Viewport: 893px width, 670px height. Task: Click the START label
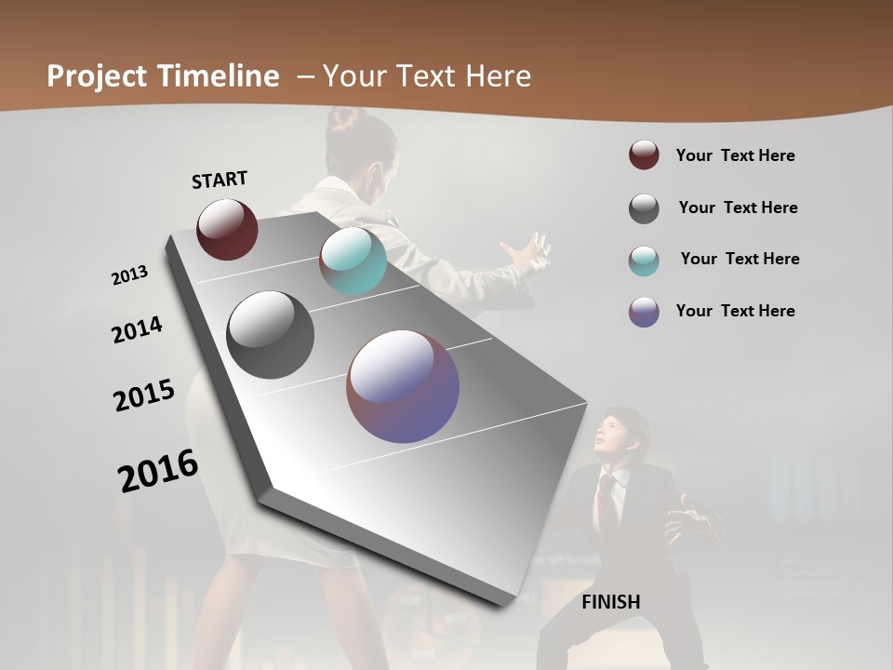[220, 180]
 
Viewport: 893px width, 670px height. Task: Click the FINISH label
[611, 602]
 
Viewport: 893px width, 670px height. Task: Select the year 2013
[129, 275]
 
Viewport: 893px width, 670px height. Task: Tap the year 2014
[137, 329]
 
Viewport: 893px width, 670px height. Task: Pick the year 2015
[144, 395]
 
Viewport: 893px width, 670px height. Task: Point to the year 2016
[158, 471]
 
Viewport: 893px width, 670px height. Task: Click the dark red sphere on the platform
[227, 229]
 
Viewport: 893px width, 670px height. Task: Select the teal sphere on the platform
[353, 261]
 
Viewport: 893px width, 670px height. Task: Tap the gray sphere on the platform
[271, 334]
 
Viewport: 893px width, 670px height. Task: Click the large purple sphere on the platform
[403, 386]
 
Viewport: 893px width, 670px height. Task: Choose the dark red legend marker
[644, 155]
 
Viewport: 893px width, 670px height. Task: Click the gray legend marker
[644, 208]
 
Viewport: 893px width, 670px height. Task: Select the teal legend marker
[644, 260]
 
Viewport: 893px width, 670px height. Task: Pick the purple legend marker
[644, 312]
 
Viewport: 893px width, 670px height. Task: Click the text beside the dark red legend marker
[735, 155]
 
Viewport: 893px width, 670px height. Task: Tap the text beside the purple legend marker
[735, 311]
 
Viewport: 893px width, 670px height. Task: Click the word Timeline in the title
[219, 76]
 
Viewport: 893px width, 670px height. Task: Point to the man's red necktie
[606, 502]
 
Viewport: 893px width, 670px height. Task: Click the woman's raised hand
[527, 252]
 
